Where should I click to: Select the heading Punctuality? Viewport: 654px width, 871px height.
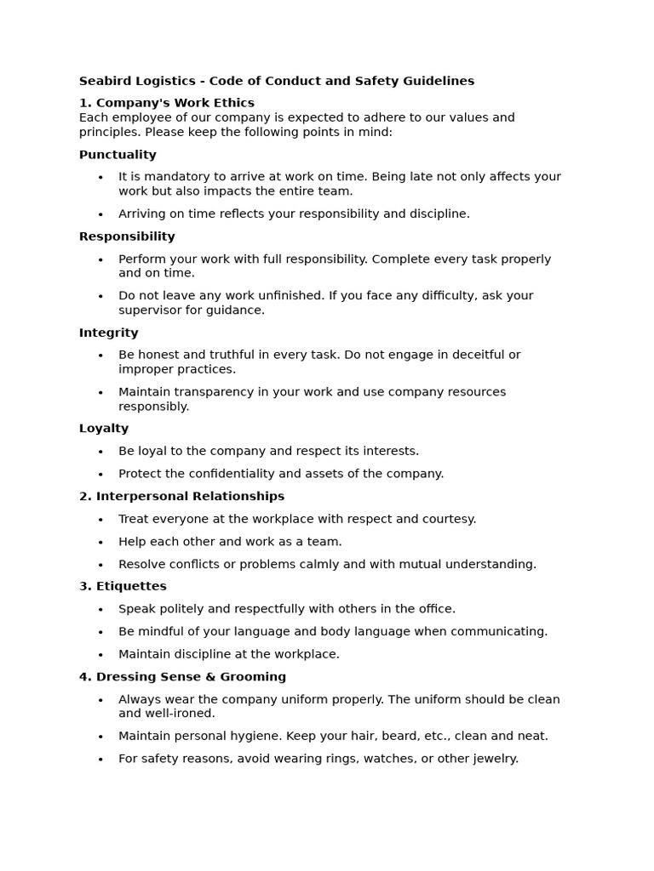118,155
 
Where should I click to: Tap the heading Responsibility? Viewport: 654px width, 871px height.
127,236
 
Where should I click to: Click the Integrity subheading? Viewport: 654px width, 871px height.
108,333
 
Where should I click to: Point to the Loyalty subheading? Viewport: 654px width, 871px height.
104,429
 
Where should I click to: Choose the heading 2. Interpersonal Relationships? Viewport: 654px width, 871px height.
181,496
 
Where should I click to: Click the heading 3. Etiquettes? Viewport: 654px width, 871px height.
123,586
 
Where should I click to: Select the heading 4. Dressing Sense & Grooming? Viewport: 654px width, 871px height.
182,677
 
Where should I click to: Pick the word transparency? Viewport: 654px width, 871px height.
217,392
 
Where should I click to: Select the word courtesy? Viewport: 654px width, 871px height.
449,519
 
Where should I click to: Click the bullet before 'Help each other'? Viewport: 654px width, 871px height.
100,543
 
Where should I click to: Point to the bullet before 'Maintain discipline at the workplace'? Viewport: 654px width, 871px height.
100,655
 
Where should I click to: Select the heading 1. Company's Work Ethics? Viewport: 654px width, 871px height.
167,103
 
